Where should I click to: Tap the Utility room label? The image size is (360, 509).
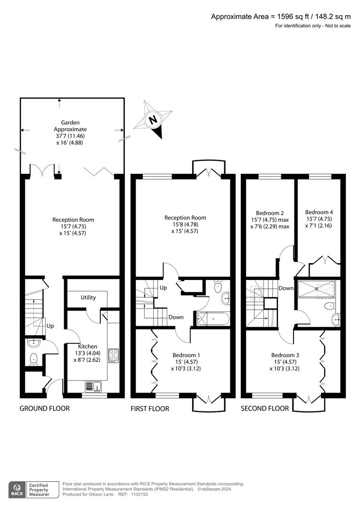(x=88, y=297)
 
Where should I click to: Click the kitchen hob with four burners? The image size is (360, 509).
(x=113, y=355)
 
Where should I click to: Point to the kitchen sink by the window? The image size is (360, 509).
(x=94, y=386)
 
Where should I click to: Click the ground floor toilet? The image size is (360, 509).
(x=33, y=359)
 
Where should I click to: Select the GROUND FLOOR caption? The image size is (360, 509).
(x=44, y=408)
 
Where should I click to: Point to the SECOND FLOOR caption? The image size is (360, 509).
(x=265, y=408)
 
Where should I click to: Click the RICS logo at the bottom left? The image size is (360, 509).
(x=17, y=489)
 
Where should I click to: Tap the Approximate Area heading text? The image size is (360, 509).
(x=280, y=16)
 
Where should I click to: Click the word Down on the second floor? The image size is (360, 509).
(x=286, y=288)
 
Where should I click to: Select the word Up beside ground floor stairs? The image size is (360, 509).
(x=49, y=326)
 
